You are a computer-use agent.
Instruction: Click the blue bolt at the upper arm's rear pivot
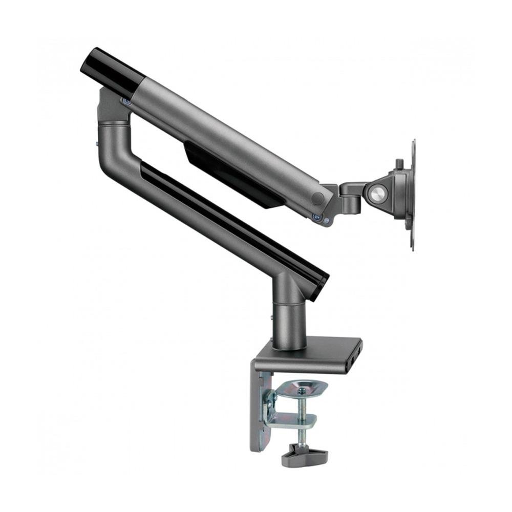click(x=125, y=102)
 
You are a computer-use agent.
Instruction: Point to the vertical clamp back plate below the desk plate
click(x=259, y=410)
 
